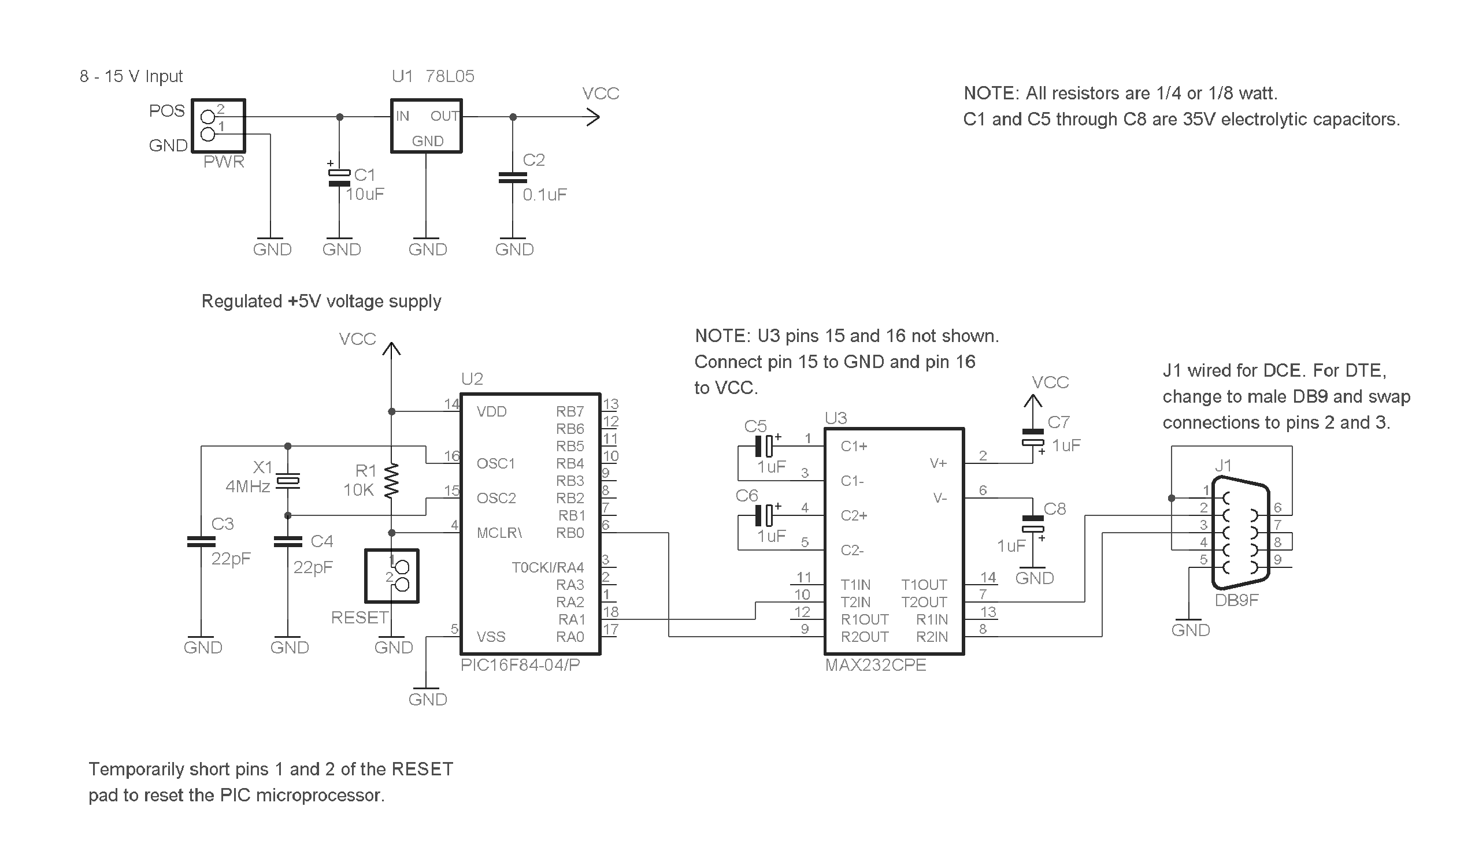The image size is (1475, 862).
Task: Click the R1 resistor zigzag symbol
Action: pos(391,481)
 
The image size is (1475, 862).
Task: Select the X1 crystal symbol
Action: pos(288,481)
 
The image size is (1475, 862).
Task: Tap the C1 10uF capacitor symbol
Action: pos(339,177)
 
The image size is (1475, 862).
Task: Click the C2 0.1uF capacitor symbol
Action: pos(513,177)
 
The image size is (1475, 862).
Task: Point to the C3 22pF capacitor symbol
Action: pos(201,541)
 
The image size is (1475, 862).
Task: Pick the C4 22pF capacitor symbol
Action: pos(288,541)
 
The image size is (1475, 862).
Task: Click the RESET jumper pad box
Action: pos(391,576)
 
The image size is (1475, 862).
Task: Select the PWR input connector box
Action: pos(218,126)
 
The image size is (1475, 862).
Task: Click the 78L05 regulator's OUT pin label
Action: pos(444,116)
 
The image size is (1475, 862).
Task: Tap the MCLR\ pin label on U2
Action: pos(499,533)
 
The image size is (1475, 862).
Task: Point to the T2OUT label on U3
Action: pos(924,601)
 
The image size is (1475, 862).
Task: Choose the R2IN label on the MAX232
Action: pos(931,637)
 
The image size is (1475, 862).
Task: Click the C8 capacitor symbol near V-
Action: pos(1032,523)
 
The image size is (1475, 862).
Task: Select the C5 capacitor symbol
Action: pos(764,446)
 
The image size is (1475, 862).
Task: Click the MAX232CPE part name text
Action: pos(875,666)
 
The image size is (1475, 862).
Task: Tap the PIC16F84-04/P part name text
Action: pos(520,666)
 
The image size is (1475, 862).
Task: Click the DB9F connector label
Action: pos(1236,600)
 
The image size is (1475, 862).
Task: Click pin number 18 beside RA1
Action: pos(610,611)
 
